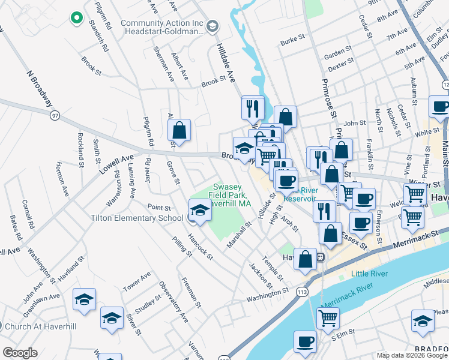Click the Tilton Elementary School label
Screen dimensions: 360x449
137,218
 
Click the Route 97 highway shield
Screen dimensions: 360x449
55,114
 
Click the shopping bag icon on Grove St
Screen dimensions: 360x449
179,130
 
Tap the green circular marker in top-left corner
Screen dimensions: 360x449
76,17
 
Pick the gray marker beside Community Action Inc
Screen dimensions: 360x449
213,26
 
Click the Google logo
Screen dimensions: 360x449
20,353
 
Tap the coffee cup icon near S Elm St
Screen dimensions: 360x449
305,342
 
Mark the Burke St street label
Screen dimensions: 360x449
294,43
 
